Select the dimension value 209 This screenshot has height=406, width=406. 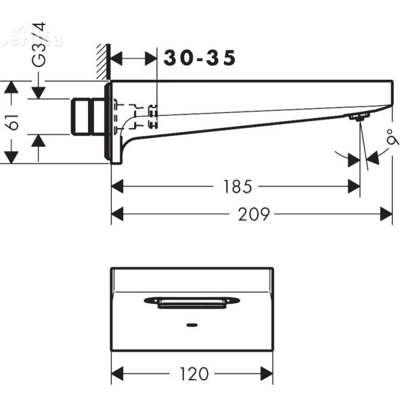254,215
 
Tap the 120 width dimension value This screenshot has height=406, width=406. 194,374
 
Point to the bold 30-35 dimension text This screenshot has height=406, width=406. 200,59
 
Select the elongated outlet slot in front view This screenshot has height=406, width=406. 192,302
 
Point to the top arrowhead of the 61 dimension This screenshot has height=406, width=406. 10,87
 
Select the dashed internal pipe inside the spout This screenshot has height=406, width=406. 135,115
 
